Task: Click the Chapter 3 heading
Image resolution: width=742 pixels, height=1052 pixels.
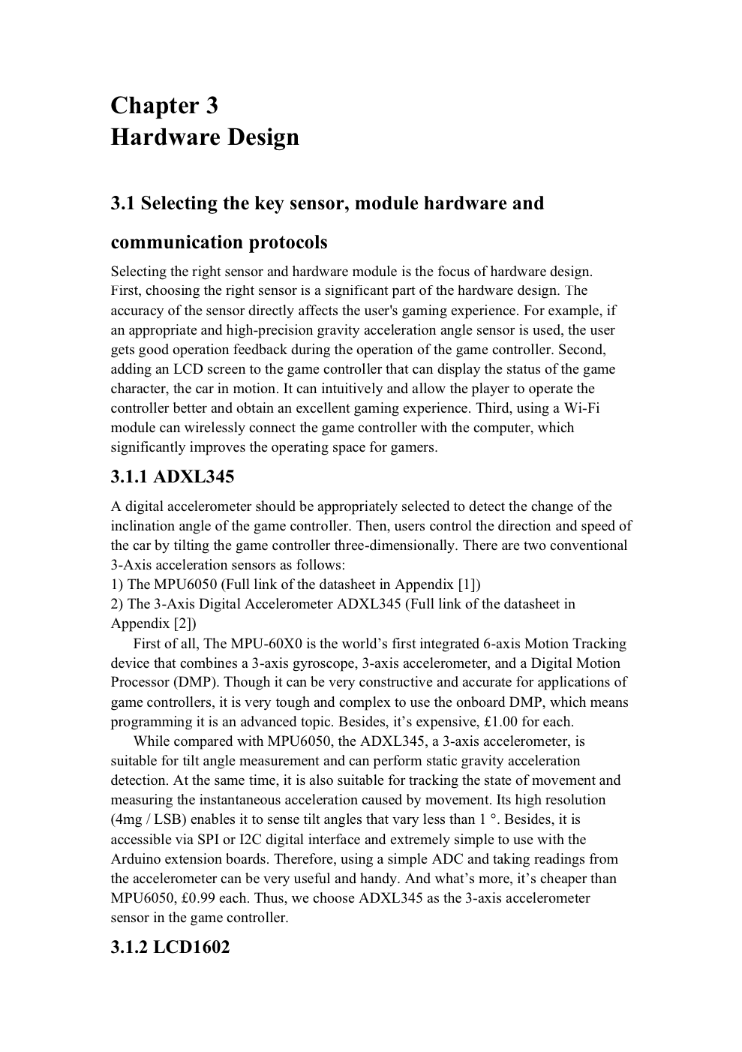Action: pos(164,106)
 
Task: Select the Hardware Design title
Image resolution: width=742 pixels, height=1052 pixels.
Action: pos(205,137)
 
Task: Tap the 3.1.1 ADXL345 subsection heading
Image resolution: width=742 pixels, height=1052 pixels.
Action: pos(172,477)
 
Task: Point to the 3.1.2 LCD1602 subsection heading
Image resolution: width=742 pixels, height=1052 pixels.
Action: pos(170,947)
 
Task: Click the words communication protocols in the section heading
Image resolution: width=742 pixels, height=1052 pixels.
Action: pos(219,242)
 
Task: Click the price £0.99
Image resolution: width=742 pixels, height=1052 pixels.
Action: pos(201,898)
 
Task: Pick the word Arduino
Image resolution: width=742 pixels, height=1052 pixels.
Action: pos(135,859)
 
